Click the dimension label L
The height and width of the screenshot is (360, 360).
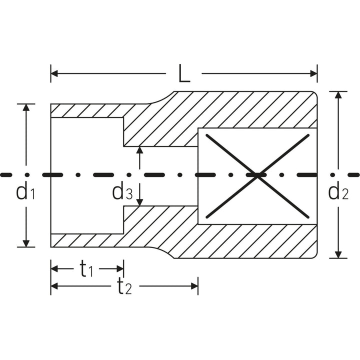184,74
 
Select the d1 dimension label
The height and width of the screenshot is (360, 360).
24,191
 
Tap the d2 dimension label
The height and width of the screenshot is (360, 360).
337,191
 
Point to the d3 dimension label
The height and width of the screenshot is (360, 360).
122,191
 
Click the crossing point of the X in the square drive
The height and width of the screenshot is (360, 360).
257,175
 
